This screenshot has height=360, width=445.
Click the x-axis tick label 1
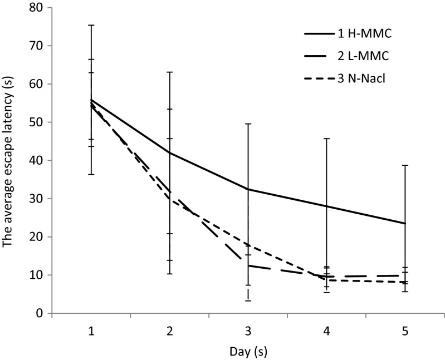pyautogui.click(x=91, y=331)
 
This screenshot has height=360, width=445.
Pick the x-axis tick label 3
pyautogui.click(x=248, y=331)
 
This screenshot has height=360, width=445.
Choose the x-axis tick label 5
pyautogui.click(x=405, y=331)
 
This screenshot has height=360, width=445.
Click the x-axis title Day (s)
pyautogui.click(x=248, y=351)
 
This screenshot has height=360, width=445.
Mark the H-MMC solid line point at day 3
pyautogui.click(x=248, y=189)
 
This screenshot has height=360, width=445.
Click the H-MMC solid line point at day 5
pyautogui.click(x=405, y=223)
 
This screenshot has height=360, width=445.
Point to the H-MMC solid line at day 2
pyautogui.click(x=170, y=153)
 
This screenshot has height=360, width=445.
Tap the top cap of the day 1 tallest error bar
pyautogui.click(x=91, y=25)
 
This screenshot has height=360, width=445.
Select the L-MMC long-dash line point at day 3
pyautogui.click(x=248, y=265)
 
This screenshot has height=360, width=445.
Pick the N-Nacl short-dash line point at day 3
pyautogui.click(x=248, y=245)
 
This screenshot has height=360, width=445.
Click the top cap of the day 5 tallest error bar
pyautogui.click(x=405, y=165)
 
